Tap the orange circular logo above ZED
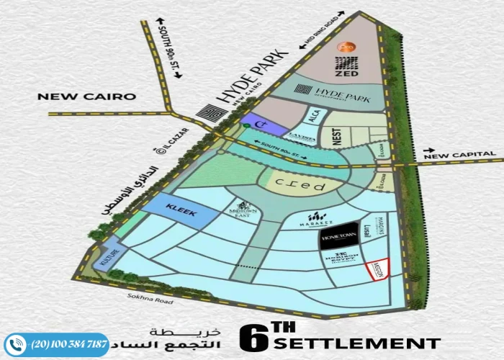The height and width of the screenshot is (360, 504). click(346, 47)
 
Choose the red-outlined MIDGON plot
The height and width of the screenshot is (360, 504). click(378, 269)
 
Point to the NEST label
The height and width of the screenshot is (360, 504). click(335, 135)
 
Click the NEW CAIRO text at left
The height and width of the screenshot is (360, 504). click(86, 96)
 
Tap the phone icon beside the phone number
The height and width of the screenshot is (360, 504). click(16, 345)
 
